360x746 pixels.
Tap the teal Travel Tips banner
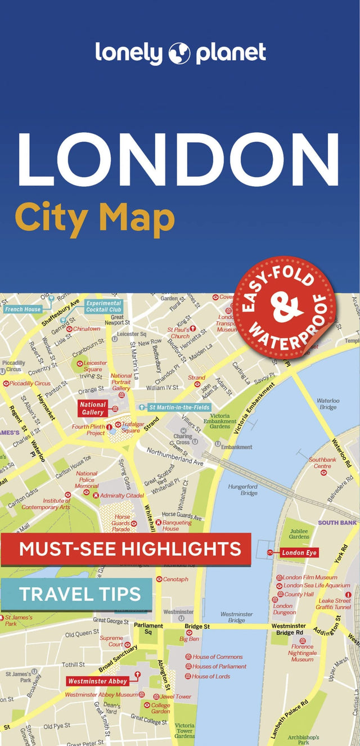tap(76, 594)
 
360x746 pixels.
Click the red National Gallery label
tap(93, 408)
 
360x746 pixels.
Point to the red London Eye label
tap(300, 552)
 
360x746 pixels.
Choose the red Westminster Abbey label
tap(97, 681)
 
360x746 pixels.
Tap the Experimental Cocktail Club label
tap(103, 306)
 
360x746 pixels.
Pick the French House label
tap(22, 309)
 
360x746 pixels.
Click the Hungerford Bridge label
tap(242, 490)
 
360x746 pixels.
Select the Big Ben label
tap(189, 639)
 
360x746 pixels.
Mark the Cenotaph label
tap(175, 579)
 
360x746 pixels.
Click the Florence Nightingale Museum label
tap(302, 653)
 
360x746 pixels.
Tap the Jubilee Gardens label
tap(299, 533)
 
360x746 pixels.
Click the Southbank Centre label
tap(322, 463)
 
